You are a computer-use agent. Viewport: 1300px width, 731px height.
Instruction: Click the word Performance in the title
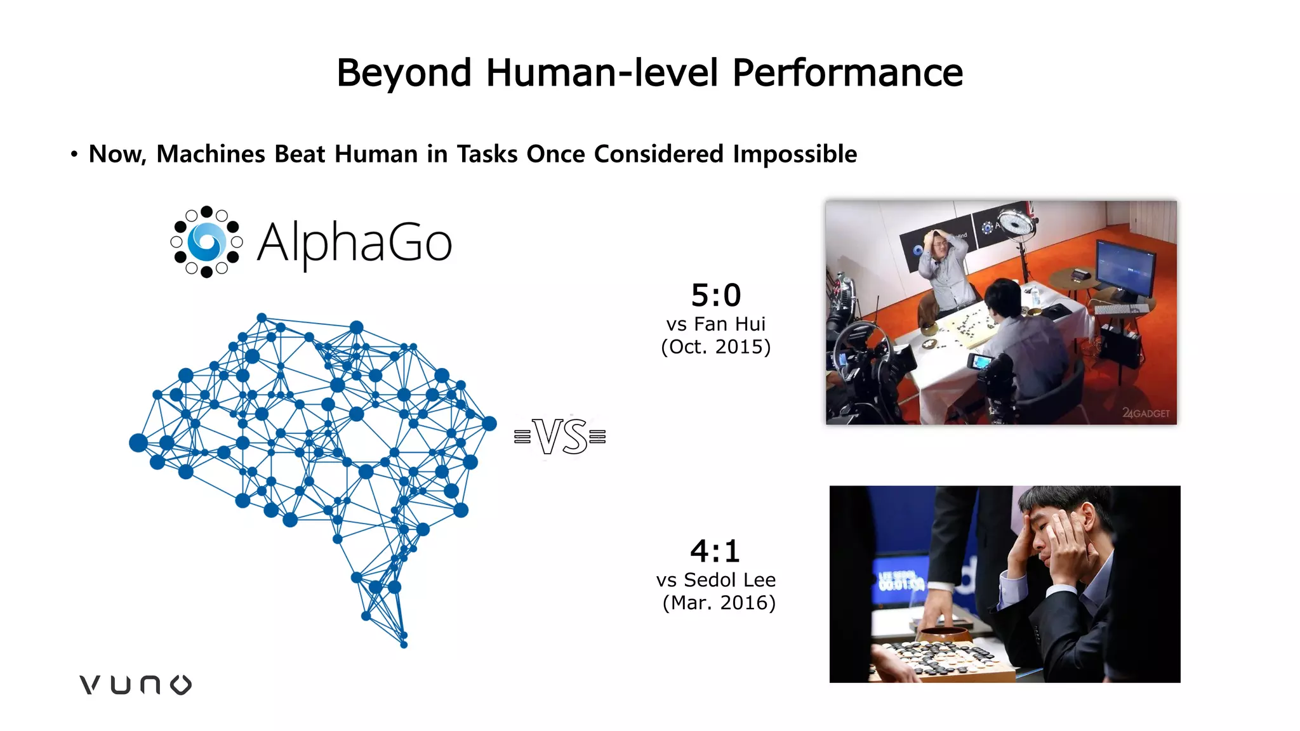[847, 73]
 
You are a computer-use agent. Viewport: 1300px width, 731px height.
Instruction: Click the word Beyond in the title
[404, 73]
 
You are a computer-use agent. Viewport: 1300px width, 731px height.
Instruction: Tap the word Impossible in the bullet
[795, 154]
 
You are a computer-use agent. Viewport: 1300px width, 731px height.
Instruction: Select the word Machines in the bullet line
[211, 154]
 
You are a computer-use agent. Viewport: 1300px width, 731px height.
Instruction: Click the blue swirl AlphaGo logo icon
[206, 242]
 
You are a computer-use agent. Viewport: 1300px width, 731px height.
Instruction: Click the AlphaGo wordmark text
[354, 242]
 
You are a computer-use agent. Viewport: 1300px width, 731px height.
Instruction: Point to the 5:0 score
[715, 296]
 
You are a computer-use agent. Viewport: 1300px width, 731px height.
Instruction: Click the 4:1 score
[715, 551]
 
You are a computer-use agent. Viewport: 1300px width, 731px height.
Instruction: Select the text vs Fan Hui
[715, 324]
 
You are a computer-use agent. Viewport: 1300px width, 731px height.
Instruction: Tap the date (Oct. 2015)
[715, 347]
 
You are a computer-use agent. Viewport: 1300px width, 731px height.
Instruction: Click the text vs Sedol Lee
[715, 580]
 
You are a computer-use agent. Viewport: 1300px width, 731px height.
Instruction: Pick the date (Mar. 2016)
[719, 603]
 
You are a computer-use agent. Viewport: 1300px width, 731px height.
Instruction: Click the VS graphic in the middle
[560, 437]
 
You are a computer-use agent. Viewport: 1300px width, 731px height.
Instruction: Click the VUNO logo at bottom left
[135, 685]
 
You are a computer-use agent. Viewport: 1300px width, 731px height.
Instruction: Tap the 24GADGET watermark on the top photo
[1146, 413]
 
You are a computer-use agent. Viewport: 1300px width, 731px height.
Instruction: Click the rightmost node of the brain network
[489, 423]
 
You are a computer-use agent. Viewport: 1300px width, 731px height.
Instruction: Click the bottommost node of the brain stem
[404, 645]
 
